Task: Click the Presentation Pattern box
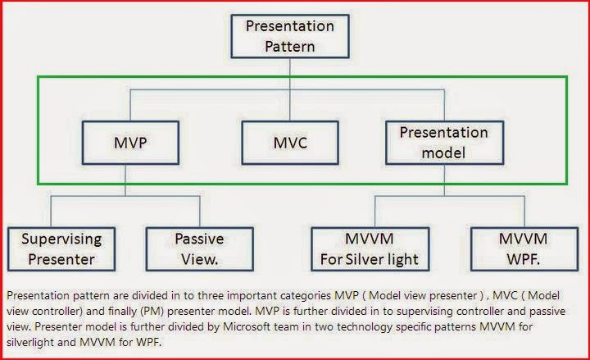(x=290, y=36)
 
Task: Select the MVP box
(x=130, y=143)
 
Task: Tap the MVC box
(x=290, y=143)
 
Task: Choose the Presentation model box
(x=444, y=143)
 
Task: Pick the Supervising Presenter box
(x=61, y=249)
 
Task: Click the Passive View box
(x=200, y=249)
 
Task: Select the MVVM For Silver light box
(x=370, y=249)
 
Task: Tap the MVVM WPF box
(x=524, y=249)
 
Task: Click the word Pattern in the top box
(x=290, y=47)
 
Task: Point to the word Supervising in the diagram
(x=61, y=239)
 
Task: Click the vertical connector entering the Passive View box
(x=200, y=212)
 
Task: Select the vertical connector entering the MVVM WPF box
(x=524, y=212)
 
